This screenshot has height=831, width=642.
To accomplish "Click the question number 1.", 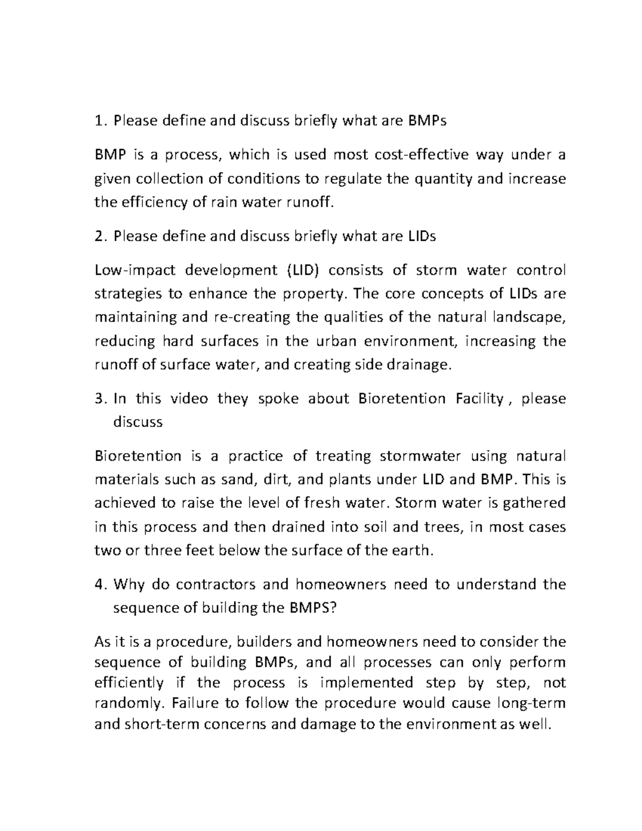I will (98, 121).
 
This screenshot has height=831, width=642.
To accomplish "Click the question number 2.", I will (98, 237).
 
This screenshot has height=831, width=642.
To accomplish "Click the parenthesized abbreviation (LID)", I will (300, 271).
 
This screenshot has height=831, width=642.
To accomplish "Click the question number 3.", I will (98, 399).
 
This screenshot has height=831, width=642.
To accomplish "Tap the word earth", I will (412, 551).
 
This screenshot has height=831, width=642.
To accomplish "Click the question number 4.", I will (98, 585).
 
